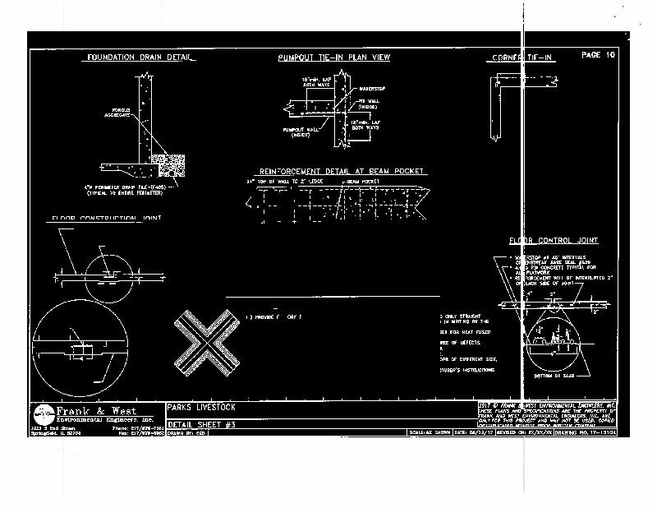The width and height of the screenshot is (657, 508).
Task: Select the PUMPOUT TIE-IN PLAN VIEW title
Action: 333,58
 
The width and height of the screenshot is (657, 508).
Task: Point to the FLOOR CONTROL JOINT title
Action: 554,241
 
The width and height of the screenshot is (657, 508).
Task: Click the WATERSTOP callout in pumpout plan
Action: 371,86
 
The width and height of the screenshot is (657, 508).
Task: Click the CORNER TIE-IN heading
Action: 523,58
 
